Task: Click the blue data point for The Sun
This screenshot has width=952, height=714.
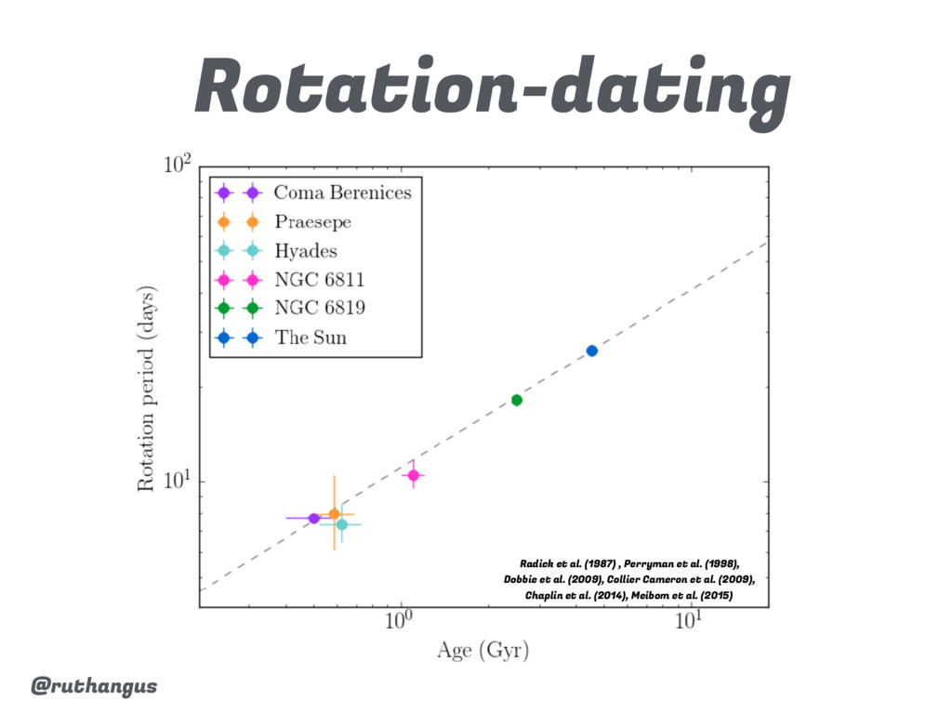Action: (x=591, y=350)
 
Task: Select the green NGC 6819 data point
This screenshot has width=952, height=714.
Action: (x=517, y=400)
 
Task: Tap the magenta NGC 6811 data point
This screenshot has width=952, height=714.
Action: (x=413, y=475)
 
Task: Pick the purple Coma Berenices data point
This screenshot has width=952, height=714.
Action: (x=314, y=518)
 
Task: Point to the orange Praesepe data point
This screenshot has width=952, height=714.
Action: (x=335, y=513)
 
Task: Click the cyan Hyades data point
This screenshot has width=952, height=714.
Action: (x=342, y=524)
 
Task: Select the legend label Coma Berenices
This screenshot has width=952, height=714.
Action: (x=342, y=193)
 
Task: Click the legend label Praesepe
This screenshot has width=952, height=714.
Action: (x=312, y=222)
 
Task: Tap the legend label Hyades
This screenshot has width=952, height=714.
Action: (x=305, y=251)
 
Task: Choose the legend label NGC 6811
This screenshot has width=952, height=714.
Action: (x=319, y=280)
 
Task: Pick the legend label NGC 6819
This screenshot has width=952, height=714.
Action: (x=319, y=309)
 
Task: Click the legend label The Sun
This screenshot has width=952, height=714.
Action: (x=311, y=337)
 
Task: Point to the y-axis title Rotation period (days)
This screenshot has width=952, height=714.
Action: (x=148, y=388)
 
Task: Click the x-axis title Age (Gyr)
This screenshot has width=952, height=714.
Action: (x=483, y=651)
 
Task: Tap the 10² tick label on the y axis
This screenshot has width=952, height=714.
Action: (x=177, y=166)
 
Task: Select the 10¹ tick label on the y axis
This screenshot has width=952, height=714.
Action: (x=177, y=482)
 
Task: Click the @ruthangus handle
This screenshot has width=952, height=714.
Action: (x=94, y=687)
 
